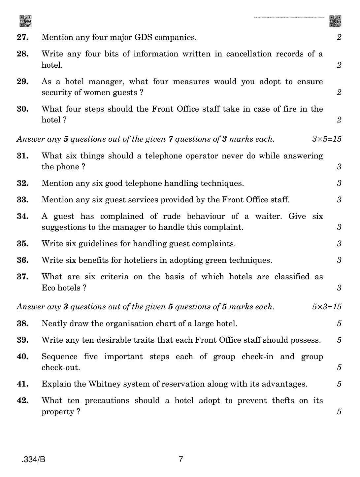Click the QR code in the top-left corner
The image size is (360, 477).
[25, 21]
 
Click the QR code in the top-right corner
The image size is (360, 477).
[335, 21]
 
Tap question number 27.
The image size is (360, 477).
[23, 37]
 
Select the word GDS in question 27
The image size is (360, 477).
[143, 37]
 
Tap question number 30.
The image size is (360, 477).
[23, 109]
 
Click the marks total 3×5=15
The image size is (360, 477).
[326, 139]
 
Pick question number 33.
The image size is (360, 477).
[23, 200]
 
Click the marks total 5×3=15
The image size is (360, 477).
[326, 307]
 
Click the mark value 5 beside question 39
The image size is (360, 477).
[339, 340]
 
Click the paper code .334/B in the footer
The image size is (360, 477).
[33, 459]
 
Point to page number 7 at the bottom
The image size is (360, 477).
[180, 459]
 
